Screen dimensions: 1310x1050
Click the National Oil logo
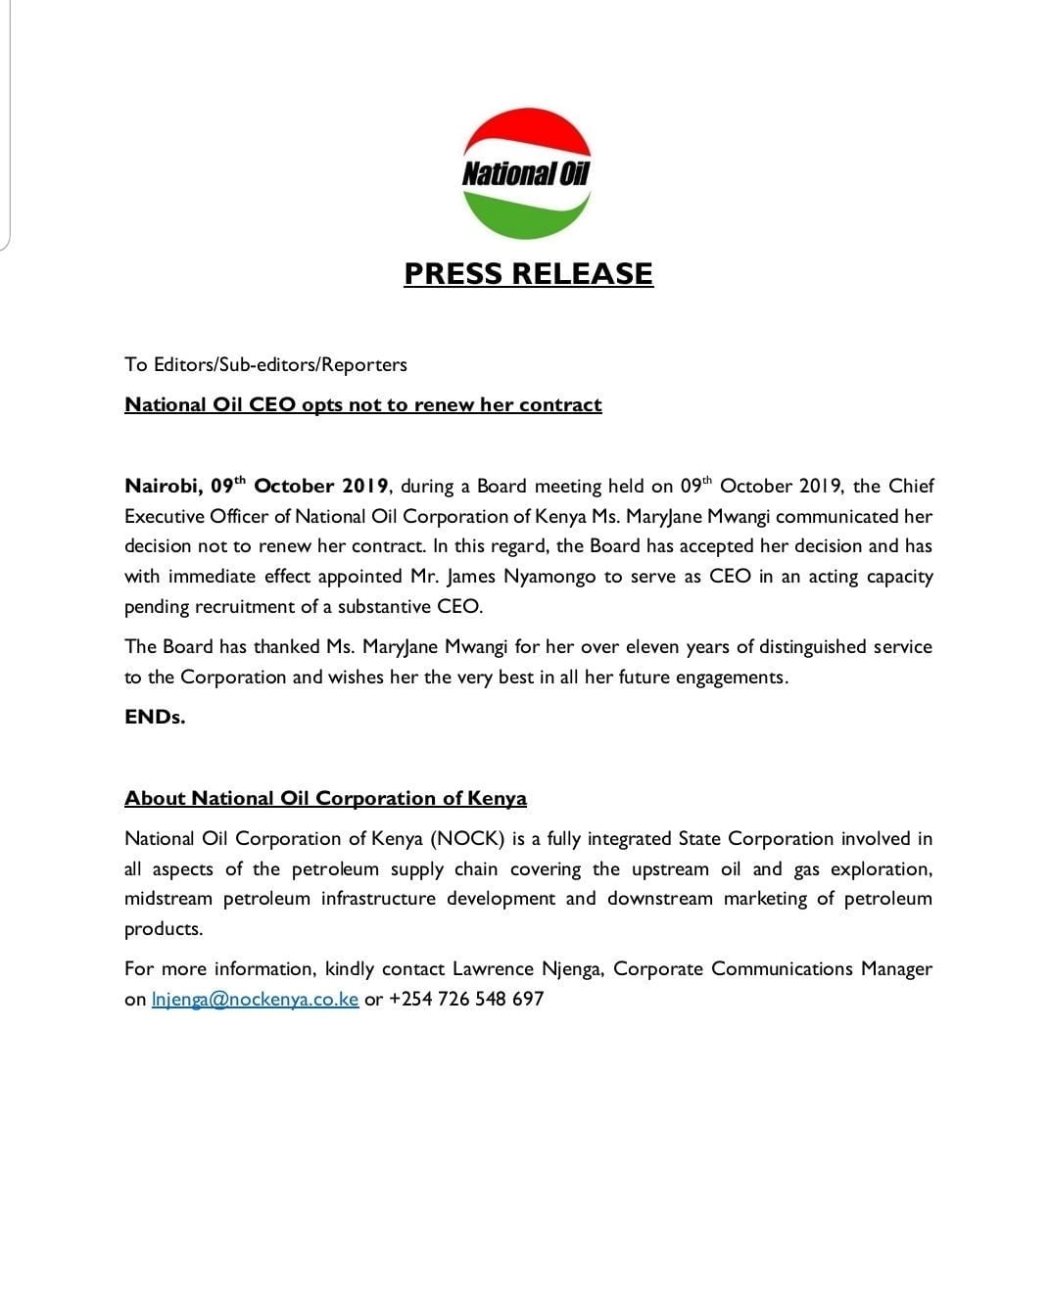[x=526, y=173]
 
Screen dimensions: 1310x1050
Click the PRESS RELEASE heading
[x=528, y=273]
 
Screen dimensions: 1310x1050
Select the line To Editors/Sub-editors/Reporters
[x=265, y=364]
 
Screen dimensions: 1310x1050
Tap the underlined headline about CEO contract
[x=362, y=404]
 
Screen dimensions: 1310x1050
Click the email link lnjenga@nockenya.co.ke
[x=255, y=1000]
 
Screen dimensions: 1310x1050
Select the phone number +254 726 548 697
[x=466, y=1000]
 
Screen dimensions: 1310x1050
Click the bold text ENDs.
[x=155, y=717]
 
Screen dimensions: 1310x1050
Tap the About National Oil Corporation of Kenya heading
[x=325, y=798]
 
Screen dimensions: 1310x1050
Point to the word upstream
[x=670, y=869]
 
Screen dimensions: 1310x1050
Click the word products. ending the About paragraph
[x=164, y=929]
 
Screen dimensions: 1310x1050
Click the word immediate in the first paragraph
[x=215, y=577]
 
